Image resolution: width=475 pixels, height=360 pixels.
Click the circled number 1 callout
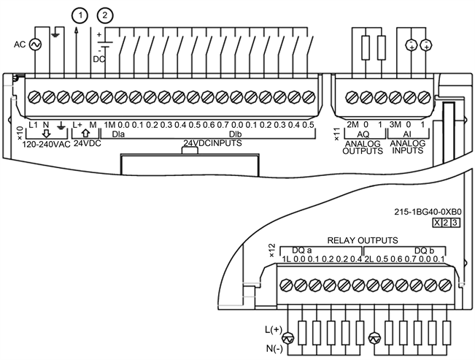point(78,15)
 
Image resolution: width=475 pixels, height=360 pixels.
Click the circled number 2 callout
point(107,15)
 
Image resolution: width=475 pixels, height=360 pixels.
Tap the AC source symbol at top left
point(34,45)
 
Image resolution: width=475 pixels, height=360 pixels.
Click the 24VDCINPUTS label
point(212,145)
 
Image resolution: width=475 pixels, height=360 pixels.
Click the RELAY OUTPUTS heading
point(363,240)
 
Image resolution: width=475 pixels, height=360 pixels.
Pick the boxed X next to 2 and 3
point(437,222)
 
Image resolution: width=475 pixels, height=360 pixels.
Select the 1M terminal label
point(111,125)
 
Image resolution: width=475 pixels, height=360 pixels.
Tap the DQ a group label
point(303,249)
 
